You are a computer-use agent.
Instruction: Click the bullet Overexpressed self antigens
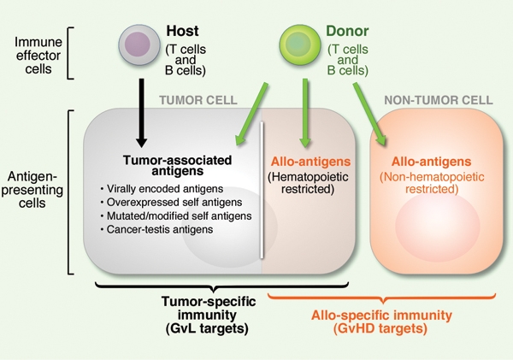click(x=177, y=203)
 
